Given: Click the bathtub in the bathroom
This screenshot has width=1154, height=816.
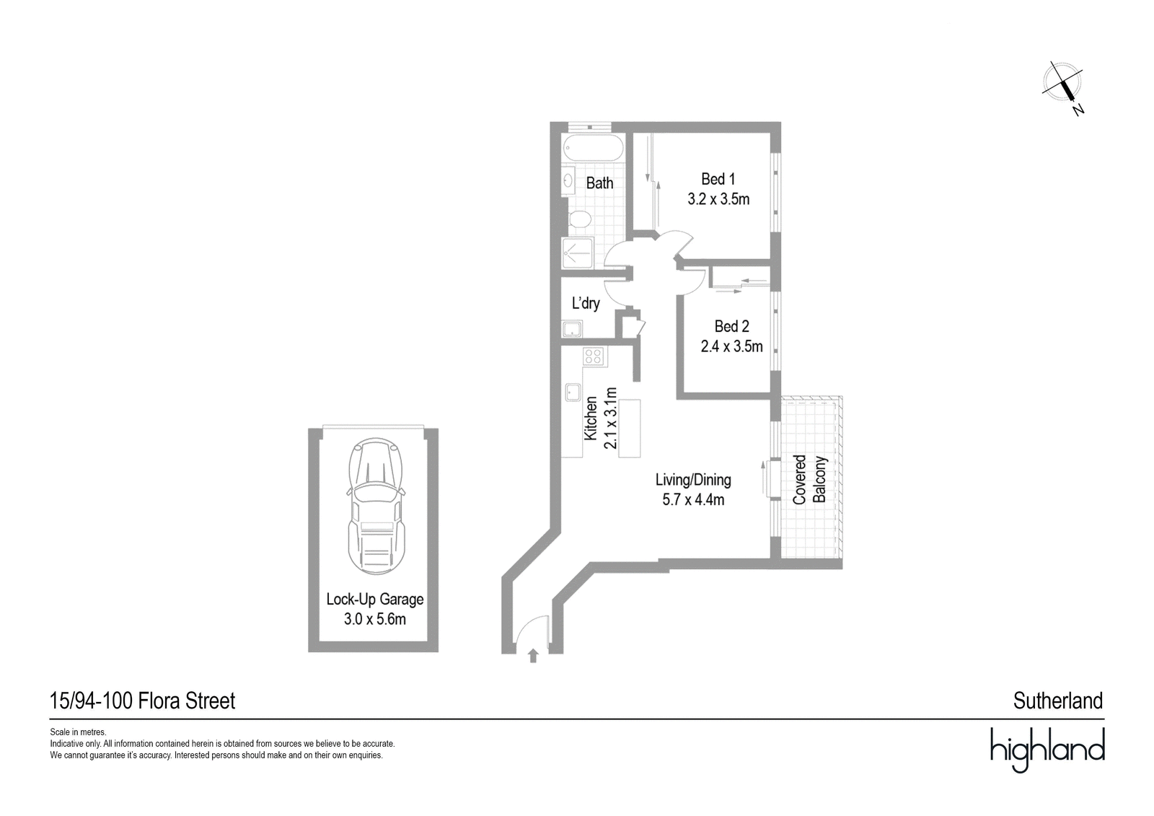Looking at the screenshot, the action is point(593,149).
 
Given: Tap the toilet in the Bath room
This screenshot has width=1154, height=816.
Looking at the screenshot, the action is point(579,219).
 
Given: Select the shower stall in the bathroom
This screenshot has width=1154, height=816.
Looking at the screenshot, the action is point(578,253).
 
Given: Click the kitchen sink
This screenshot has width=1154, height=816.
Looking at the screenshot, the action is point(573,392).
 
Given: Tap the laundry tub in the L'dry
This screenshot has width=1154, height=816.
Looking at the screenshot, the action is point(572,329).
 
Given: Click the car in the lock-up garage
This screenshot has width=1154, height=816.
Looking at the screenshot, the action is point(376,506).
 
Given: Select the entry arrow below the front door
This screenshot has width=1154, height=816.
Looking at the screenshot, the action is point(533,655).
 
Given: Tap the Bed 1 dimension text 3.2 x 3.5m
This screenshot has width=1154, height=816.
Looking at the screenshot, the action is point(718,199).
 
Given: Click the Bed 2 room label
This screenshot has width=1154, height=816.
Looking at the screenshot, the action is point(731,326).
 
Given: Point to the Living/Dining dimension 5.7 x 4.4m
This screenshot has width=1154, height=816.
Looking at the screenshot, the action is point(693,499).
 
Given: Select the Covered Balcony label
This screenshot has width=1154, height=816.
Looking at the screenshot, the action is point(809,479).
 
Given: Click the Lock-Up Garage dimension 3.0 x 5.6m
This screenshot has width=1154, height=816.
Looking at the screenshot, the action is point(375,619).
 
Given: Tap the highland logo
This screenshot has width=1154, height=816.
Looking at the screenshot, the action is point(1048,750).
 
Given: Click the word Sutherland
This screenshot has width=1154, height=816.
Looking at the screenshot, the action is point(1058,701).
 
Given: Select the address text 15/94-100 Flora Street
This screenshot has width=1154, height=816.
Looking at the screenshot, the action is point(142,701).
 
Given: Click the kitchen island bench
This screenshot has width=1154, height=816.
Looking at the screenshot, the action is point(630,429).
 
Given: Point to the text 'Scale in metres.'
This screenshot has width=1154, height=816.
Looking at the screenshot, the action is point(79,732).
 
